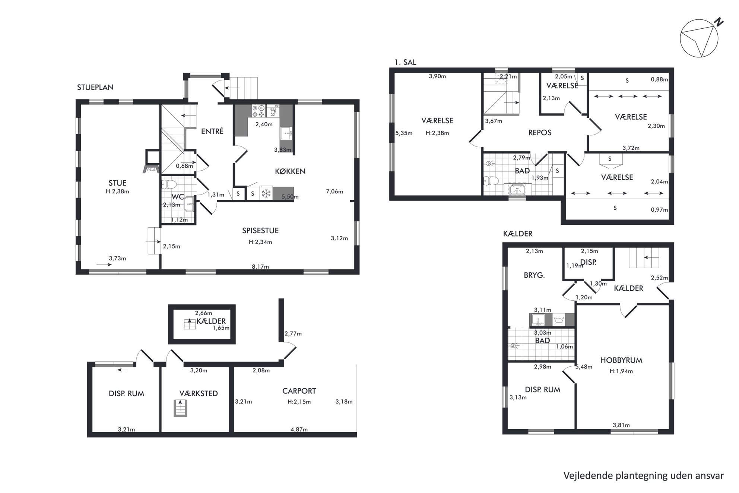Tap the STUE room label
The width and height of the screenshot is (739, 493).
pyautogui.click(x=117, y=183)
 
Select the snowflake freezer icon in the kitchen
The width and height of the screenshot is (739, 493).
pyautogui.click(x=266, y=193)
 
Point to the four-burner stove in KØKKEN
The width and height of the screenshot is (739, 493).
pyautogui.click(x=258, y=111)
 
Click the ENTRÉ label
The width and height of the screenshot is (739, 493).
pyautogui.click(x=212, y=131)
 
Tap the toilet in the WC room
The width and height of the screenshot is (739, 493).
pyautogui.click(x=169, y=184)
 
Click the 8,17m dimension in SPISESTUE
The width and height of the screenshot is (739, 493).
pyautogui.click(x=260, y=266)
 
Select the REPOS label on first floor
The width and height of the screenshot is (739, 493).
pyautogui.click(x=540, y=133)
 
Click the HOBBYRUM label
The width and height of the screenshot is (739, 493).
pyautogui.click(x=621, y=360)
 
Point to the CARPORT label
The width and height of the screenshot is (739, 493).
pyautogui.click(x=299, y=391)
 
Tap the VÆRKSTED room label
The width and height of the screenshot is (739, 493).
pyautogui.click(x=199, y=394)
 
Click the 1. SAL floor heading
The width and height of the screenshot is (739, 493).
pyautogui.click(x=405, y=62)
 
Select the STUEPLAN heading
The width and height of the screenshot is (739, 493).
pyautogui.click(x=95, y=87)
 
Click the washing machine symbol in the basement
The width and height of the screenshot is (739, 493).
pyautogui.click(x=558, y=320)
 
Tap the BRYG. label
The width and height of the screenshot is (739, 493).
pyautogui.click(x=534, y=275)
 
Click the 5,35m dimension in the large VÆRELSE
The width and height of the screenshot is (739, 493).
pyautogui.click(x=404, y=133)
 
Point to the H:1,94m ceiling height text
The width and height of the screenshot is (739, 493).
pyautogui.click(x=621, y=371)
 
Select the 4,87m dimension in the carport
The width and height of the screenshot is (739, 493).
pyautogui.click(x=299, y=429)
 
